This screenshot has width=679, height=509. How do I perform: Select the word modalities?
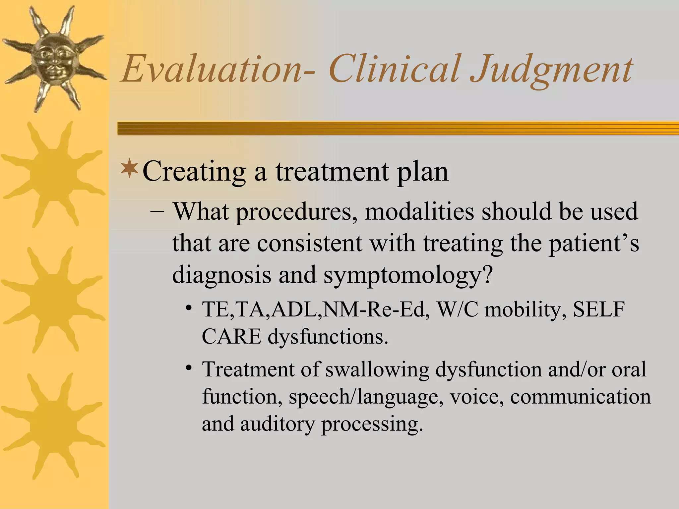coord(419,211)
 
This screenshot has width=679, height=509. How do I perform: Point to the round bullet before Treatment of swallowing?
coord(189,368)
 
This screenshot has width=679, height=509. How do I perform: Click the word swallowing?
coord(377,369)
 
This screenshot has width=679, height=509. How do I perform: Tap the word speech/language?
coord(366,397)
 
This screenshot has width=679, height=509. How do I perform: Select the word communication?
coord(581,397)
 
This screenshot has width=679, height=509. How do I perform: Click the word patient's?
coord(593,244)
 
